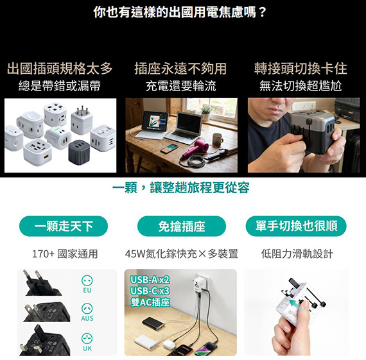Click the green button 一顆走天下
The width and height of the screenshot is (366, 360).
[64, 226]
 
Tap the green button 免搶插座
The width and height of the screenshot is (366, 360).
[182, 226]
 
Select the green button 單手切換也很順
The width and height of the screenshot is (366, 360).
[296, 226]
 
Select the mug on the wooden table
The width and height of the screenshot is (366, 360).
[217, 140]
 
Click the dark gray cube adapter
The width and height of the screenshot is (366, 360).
[79, 152]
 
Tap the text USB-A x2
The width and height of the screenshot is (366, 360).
[150, 280]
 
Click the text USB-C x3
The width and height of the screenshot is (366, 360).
[150, 291]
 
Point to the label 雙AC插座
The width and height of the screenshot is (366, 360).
[150, 302]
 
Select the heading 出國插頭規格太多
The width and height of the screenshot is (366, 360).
[60, 69]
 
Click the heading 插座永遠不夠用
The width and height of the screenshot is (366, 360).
[180, 69]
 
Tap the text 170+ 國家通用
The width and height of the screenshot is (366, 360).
[65, 254]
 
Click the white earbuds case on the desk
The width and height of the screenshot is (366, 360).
[170, 344]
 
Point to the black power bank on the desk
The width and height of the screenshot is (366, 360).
[154, 323]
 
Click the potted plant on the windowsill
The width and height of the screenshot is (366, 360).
[206, 113]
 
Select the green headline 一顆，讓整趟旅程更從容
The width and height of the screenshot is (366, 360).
[181, 187]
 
